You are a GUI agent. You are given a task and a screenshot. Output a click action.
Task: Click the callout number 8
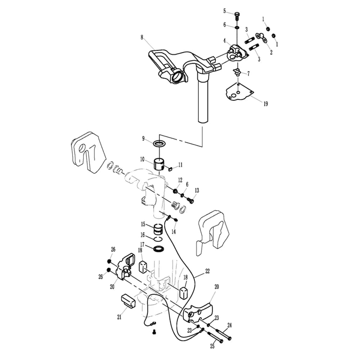click(x=142, y=37)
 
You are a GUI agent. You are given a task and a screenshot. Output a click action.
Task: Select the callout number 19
click(x=266, y=104)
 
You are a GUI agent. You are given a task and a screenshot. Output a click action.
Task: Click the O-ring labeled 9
click(x=159, y=144)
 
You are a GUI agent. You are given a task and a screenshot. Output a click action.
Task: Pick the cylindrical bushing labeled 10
click(x=159, y=164)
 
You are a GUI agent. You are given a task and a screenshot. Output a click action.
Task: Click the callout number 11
click(x=180, y=165)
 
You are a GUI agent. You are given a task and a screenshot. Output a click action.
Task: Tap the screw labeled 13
click(x=190, y=200)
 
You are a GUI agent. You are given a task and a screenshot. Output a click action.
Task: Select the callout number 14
click(x=174, y=231)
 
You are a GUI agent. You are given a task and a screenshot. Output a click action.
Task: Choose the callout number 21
click(x=119, y=317)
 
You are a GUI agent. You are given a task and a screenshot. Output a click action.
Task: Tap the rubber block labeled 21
click(x=128, y=301)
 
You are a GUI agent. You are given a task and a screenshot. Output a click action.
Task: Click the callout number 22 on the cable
click(x=207, y=271)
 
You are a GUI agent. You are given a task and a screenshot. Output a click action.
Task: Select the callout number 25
click(x=212, y=346)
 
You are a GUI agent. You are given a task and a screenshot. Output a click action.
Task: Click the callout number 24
click(x=229, y=325)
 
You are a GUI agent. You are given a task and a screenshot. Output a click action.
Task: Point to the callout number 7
click(x=248, y=73)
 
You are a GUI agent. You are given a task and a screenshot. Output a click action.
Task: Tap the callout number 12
click(x=180, y=180)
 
